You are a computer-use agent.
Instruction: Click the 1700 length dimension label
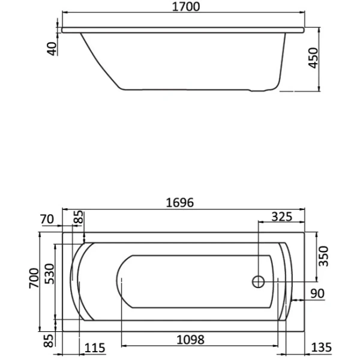186,7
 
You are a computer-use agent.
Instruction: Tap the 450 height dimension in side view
313,58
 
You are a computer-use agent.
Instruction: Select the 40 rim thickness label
52,49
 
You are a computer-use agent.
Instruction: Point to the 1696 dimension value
180,203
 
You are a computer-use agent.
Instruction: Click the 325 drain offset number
282,217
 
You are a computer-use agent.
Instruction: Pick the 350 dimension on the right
324,256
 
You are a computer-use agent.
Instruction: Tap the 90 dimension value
317,293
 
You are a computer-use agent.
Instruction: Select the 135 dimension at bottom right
322,347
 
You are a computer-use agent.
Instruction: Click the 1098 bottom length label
190,340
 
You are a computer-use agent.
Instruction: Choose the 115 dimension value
95,348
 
